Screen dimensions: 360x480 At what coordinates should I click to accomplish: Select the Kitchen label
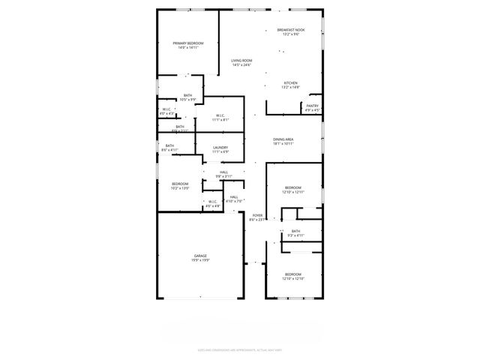(x=290, y=85)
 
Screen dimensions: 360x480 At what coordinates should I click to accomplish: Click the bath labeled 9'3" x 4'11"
(x=295, y=233)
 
